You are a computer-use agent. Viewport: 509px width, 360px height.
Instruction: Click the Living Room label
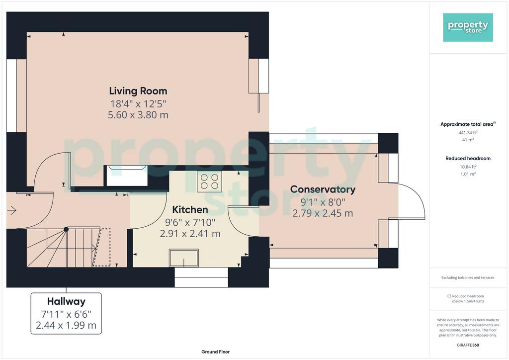coord(138,91)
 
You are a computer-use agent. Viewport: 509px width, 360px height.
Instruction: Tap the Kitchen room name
coord(190,210)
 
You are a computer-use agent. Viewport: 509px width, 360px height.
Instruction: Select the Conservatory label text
coord(323,189)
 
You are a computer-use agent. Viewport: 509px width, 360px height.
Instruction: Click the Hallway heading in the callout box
coord(66,301)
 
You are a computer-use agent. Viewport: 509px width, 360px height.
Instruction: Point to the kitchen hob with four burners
coord(209,181)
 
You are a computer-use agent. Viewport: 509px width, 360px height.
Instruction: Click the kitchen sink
coord(184,258)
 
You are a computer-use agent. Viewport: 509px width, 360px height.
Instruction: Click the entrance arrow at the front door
coord(12,210)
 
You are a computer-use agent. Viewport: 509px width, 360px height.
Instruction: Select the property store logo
coord(468,27)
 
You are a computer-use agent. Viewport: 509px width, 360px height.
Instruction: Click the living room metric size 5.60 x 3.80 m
coord(138,115)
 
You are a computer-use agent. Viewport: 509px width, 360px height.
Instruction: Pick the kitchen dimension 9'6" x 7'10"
coord(190,223)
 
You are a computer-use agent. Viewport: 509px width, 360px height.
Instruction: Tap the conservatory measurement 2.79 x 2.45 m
coord(323,213)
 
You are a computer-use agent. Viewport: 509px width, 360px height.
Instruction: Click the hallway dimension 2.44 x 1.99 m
coord(66,325)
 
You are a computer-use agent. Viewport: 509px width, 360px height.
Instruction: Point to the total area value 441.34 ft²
coord(468,132)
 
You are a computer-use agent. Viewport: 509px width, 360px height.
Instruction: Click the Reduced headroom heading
coord(468,159)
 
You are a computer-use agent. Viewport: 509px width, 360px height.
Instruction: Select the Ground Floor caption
coord(216,352)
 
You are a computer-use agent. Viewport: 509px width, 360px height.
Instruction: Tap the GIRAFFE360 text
coord(468,345)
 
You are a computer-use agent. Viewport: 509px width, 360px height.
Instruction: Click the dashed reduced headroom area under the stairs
coord(102,247)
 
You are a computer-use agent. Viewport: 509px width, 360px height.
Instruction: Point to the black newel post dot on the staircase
coord(66,229)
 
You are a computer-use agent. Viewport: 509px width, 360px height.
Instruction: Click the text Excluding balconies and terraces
coord(468,277)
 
